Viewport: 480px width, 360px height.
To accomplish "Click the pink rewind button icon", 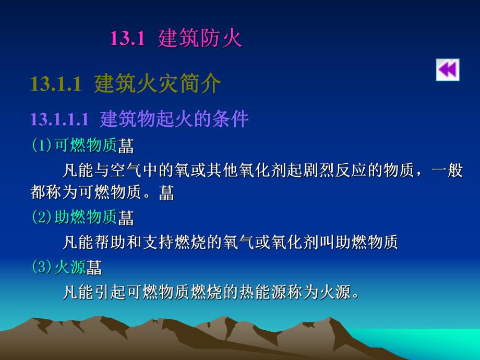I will coord(448,70).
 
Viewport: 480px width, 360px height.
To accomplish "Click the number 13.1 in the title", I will coord(127,39).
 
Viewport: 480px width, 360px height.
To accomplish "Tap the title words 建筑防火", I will coord(200,39).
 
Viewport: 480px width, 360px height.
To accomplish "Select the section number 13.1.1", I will coord(56,84).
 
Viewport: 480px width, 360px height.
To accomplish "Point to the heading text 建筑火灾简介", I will coord(158,84).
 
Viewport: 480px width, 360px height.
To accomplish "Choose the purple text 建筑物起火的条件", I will coord(174,119).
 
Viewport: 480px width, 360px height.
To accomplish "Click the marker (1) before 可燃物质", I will coord(42,145).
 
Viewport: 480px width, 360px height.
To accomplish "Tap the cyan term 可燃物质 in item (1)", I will coord(86,145).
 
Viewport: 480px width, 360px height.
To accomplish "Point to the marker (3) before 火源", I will coord(42,267).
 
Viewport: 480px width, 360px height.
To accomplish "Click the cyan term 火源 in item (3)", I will coord(70,267).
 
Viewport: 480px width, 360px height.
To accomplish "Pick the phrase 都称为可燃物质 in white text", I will coord(85,193).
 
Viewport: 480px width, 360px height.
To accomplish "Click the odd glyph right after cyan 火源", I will coord(94,268).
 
